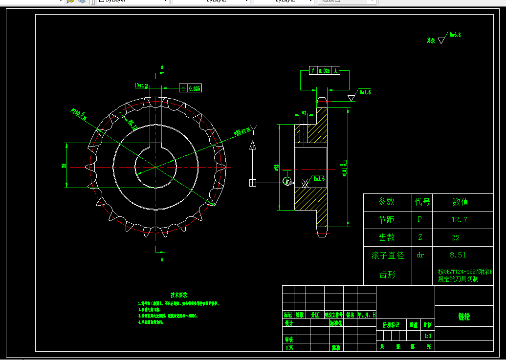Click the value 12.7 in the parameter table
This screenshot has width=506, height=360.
point(459,220)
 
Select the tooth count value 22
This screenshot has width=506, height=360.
point(455,238)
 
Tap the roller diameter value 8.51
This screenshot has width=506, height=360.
point(458,255)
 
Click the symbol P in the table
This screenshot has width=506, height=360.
point(419,220)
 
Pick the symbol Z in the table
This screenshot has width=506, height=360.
point(420,238)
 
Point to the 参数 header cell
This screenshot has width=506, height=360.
point(386,202)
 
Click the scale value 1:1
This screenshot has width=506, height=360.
point(428,336)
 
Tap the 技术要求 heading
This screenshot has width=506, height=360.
point(178,295)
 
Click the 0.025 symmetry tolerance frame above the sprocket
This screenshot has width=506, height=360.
point(191,88)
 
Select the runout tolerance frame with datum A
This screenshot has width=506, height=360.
point(325,71)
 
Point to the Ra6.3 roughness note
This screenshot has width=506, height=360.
point(455,35)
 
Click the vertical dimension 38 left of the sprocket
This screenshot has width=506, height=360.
point(64,166)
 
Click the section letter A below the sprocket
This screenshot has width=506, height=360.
point(162,259)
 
